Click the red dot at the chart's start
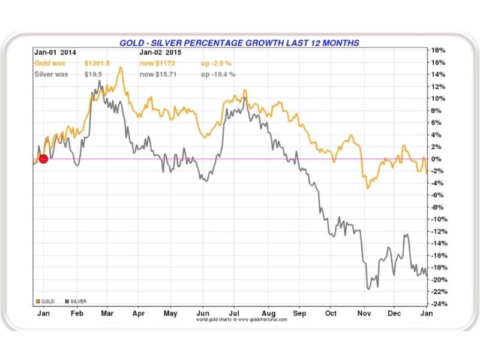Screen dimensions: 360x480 (x=43, y=159)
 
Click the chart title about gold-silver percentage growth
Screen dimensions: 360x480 (x=239, y=43)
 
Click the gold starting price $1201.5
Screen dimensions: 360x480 (x=98, y=63)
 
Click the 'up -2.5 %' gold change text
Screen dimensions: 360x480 (x=215, y=63)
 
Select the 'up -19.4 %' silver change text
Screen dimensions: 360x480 (x=217, y=74)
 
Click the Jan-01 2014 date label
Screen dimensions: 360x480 (x=55, y=52)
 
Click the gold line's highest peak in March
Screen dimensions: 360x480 (x=121, y=68)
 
